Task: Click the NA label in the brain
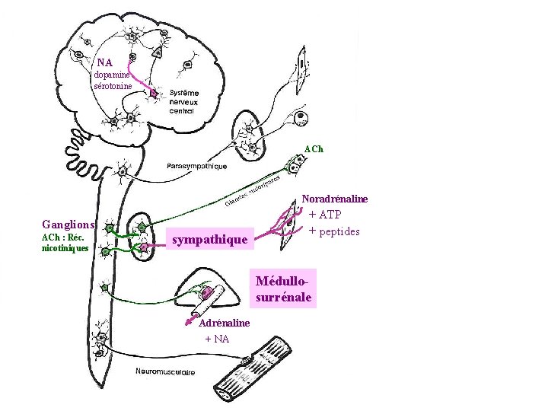click(104, 63)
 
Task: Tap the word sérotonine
click(113, 86)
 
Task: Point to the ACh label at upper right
click(314, 149)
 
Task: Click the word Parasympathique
click(196, 166)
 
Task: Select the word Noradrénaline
click(335, 199)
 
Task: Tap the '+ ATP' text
click(325, 215)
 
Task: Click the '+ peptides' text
click(334, 231)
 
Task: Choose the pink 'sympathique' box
click(210, 240)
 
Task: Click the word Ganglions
click(68, 225)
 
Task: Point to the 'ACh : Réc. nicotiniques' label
click(65, 242)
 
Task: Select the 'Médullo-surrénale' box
click(284, 289)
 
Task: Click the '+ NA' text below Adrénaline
click(217, 339)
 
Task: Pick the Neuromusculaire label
click(165, 372)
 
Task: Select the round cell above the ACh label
click(301, 119)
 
